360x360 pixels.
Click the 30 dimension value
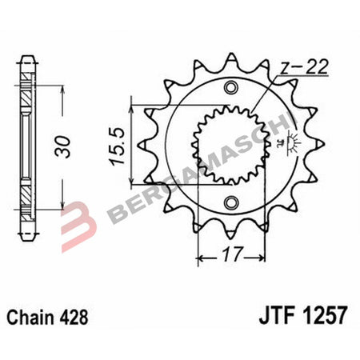click(71, 147)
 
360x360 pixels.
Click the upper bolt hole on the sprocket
click(232, 87)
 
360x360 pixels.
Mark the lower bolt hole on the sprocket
click(232, 202)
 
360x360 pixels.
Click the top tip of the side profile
click(27, 58)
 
